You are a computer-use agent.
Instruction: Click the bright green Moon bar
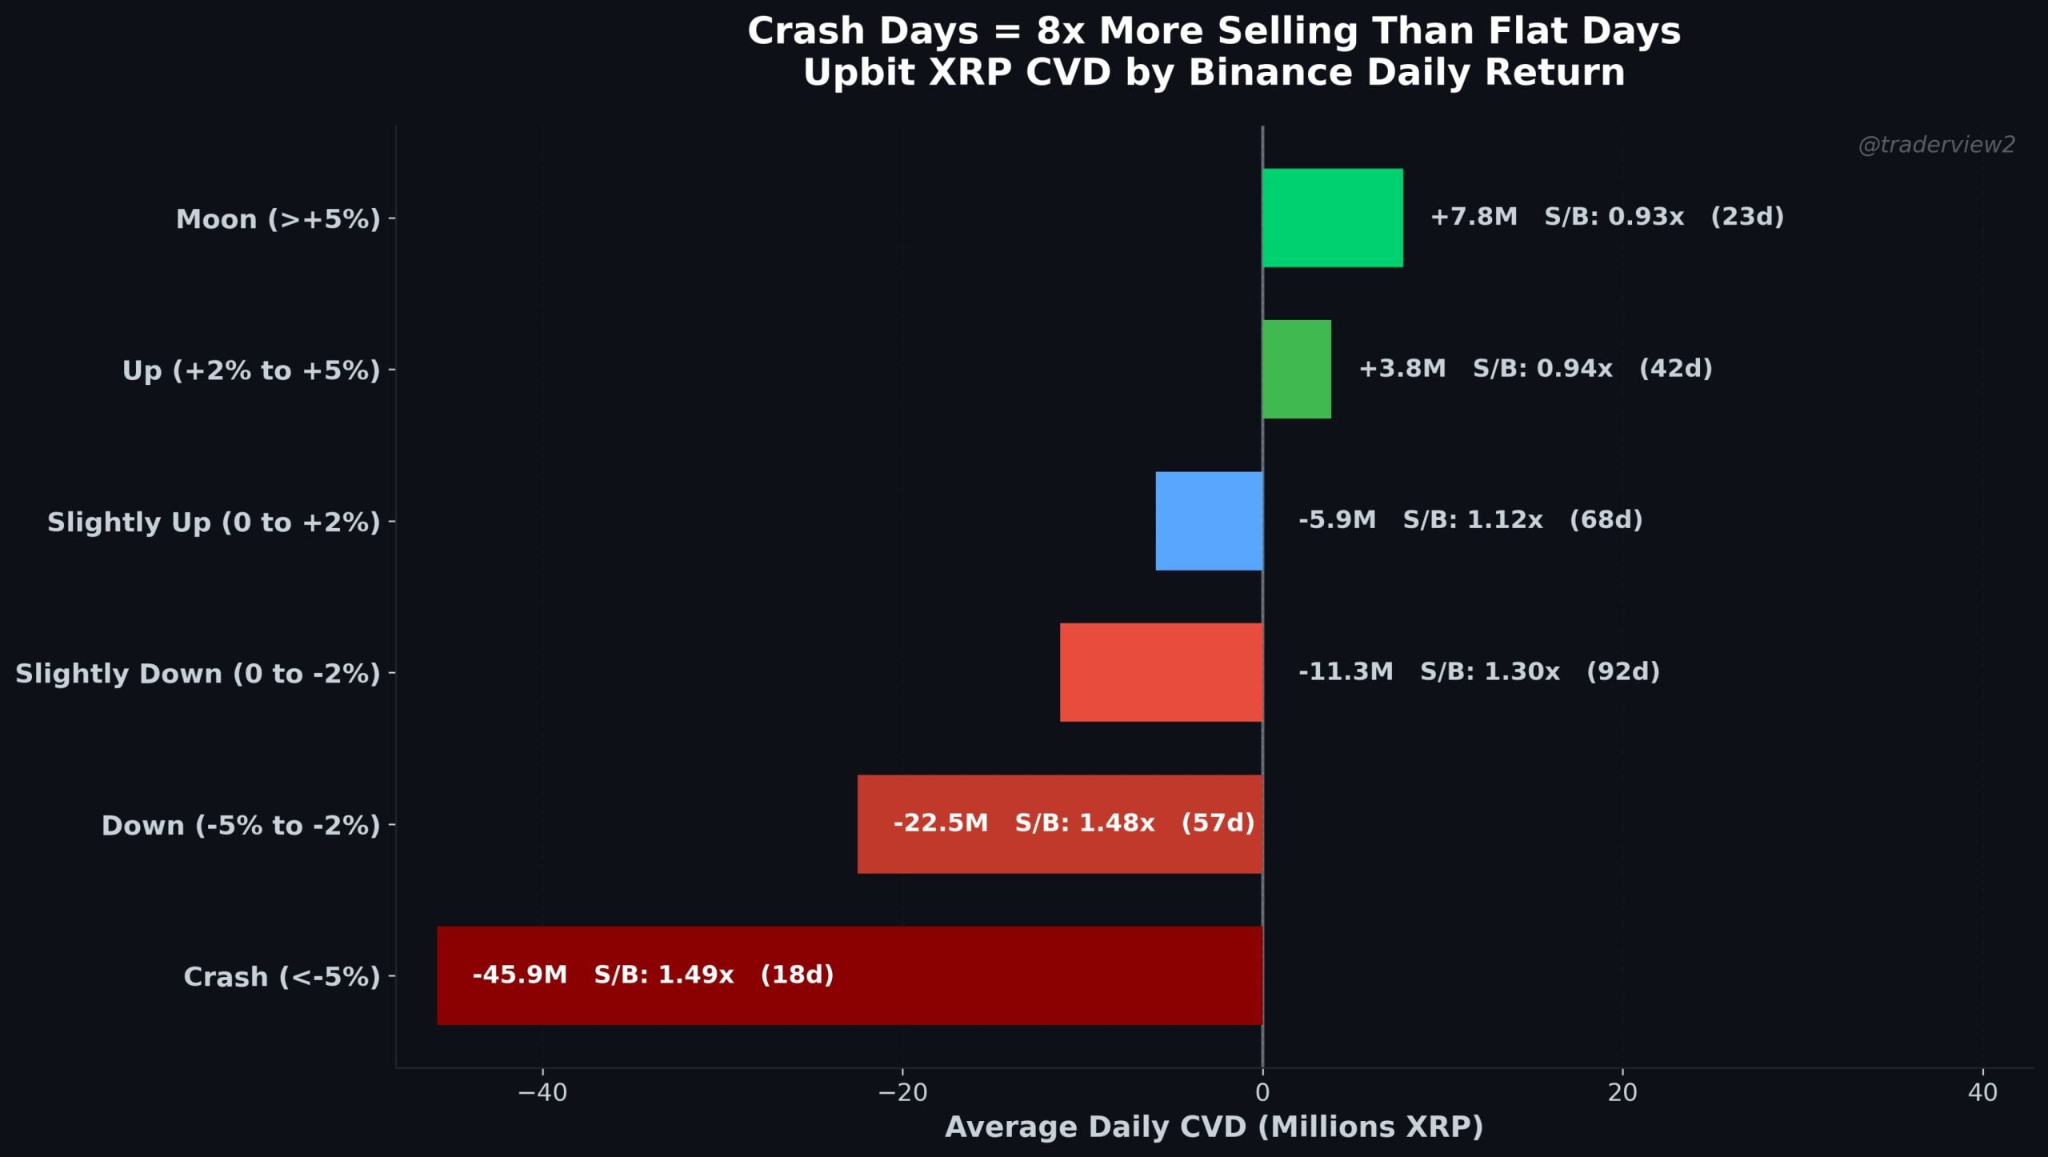click(1332, 218)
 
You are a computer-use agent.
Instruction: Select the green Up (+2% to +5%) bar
click(1296, 369)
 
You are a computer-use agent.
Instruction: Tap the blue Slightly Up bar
click(1209, 521)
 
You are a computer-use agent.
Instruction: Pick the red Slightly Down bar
click(1161, 672)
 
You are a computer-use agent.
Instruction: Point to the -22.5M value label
click(940, 823)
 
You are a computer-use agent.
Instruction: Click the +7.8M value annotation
click(1473, 217)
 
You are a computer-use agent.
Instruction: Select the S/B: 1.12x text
click(1472, 520)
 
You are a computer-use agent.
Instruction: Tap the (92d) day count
click(1622, 671)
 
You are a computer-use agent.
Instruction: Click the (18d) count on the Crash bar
click(797, 975)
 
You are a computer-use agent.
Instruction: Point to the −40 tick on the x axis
click(542, 1093)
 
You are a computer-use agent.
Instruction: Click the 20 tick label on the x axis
click(1622, 1093)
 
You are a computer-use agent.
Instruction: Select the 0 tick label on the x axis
click(1262, 1093)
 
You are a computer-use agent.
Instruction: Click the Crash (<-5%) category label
click(282, 977)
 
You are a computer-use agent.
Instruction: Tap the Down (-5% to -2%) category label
click(241, 826)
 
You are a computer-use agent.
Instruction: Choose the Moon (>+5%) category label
click(278, 219)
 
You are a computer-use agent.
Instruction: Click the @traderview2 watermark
click(1936, 145)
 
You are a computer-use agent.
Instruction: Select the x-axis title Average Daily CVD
click(1214, 1127)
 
